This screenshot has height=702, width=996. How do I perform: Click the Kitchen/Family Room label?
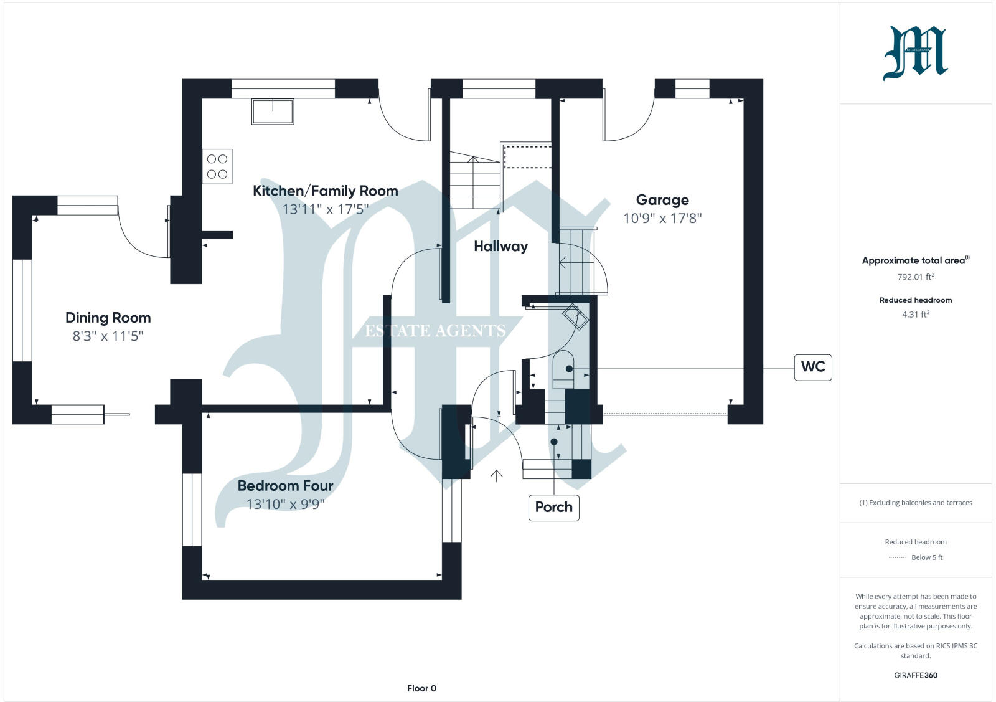[325, 191]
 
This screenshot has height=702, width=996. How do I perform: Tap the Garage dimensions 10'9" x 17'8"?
[662, 219]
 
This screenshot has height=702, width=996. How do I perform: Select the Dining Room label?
[108, 318]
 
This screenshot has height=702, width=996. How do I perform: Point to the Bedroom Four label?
[285, 486]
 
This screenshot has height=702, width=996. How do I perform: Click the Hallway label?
[500, 247]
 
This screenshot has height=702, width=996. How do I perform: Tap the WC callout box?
[813, 367]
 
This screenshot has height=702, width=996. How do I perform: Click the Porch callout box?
[553, 507]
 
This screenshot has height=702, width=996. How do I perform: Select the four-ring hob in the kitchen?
[217, 166]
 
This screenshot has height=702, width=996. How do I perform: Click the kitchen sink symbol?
[273, 111]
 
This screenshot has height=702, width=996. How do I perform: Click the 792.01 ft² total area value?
[915, 277]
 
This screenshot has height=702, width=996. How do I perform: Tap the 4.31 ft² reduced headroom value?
[915, 315]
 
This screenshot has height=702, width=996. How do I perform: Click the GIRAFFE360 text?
[915, 675]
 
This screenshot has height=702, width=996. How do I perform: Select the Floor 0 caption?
[421, 688]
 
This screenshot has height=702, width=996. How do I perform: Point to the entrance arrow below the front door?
[496, 476]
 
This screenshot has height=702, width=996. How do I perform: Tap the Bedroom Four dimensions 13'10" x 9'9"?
[285, 504]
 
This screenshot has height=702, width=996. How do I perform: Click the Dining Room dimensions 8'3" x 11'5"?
[108, 336]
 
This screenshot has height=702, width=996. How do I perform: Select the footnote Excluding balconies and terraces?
[915, 503]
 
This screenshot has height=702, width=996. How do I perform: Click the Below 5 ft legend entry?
[926, 557]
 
